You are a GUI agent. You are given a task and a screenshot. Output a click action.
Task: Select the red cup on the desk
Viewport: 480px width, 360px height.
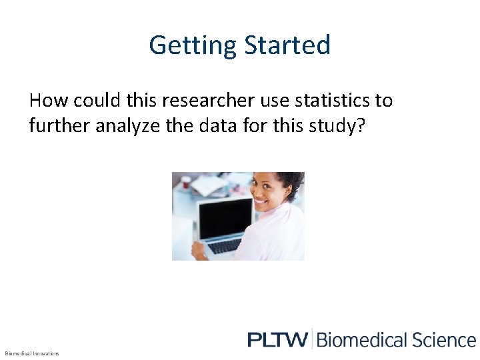point(186,181)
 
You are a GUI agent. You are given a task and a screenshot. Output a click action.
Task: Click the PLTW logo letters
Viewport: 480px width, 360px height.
point(277,339)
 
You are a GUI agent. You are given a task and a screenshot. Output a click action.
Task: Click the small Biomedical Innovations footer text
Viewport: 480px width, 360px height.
point(31,353)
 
